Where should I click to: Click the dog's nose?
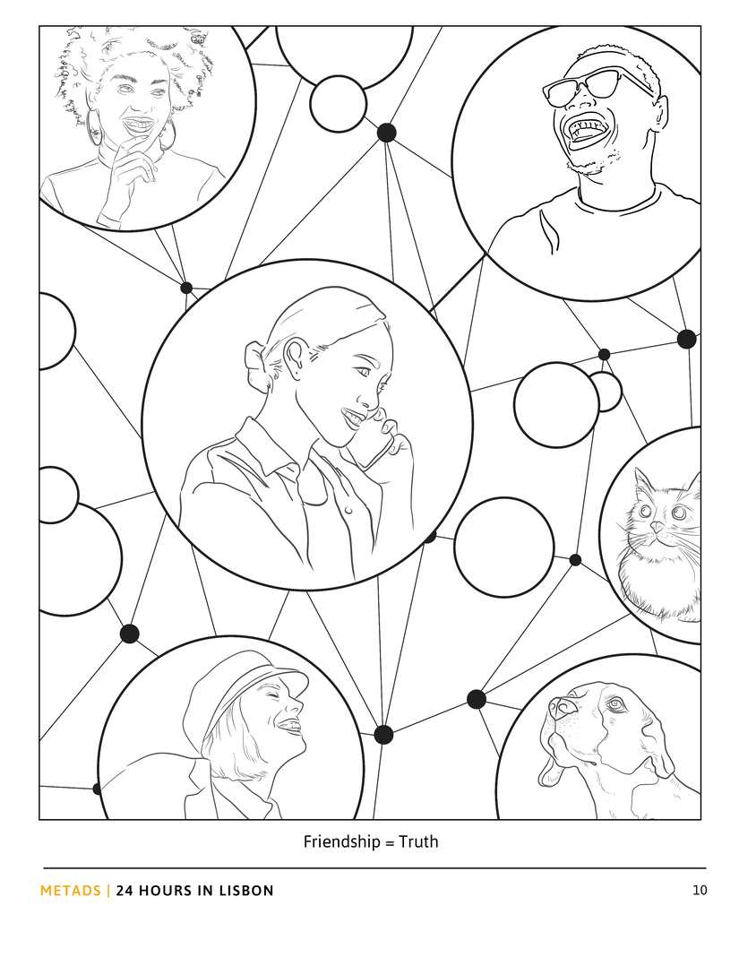coord(562,707)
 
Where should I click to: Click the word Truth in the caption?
coord(418,842)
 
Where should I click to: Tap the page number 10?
coord(700,891)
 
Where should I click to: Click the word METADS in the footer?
coord(70,891)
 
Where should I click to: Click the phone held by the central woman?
coord(374,445)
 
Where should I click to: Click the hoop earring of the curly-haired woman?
coord(95,127)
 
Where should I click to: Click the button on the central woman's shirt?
coord(349,509)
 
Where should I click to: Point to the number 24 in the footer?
coord(125,891)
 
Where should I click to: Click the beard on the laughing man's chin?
coord(593,164)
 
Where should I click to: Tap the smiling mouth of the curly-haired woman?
coord(138,125)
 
